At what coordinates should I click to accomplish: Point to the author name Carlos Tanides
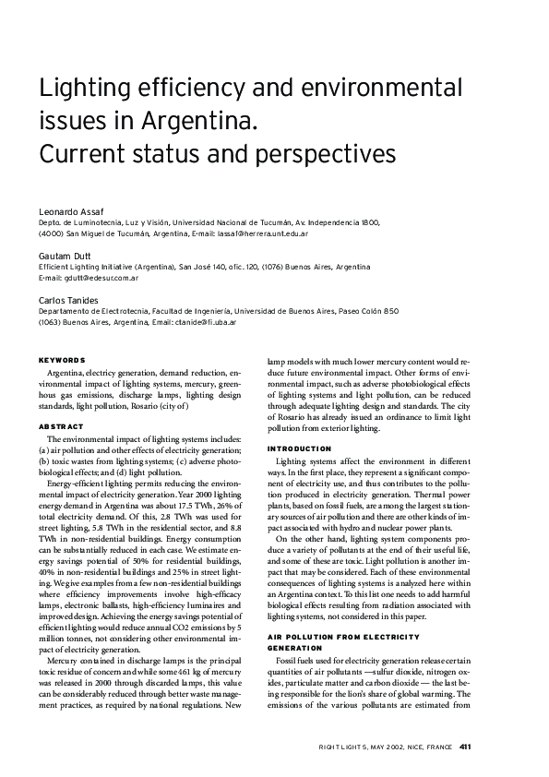coord(68,300)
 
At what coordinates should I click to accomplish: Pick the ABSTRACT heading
coord(61,426)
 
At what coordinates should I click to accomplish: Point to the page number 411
coord(465,747)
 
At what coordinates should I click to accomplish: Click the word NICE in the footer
coord(409,747)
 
